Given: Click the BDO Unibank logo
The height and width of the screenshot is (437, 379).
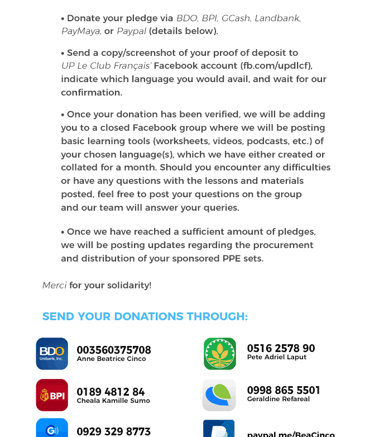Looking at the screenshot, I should point(52,354).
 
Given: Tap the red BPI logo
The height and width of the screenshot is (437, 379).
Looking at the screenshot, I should point(52,395).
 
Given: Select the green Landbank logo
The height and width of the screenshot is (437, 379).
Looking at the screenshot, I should point(220,354).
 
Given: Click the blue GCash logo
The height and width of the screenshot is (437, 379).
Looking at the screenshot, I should point(52,429).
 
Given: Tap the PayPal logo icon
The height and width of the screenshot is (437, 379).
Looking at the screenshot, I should point(219,430).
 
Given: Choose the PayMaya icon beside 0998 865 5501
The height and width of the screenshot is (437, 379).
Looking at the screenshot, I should point(219,395).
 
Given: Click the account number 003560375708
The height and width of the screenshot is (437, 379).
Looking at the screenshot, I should point(114,350).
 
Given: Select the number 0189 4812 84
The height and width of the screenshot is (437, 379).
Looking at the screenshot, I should point(111,392).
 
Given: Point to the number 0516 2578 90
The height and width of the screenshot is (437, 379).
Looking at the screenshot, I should point(281,348).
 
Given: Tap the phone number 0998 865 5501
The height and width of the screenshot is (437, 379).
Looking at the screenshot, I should point(284,390).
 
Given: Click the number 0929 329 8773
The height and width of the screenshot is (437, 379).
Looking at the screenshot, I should point(113,431).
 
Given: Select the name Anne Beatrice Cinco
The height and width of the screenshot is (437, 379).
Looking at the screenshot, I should point(111,359).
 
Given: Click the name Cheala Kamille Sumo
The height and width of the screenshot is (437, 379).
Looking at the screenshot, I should point(113,401).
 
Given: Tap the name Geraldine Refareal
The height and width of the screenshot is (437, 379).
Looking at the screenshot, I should point(279,399).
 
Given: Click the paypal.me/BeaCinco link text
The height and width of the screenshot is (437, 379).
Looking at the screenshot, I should point(291,434).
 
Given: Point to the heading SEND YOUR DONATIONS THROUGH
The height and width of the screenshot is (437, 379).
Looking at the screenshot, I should point(145,316).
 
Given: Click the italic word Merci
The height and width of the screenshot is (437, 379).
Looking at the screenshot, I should point(54,285).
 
